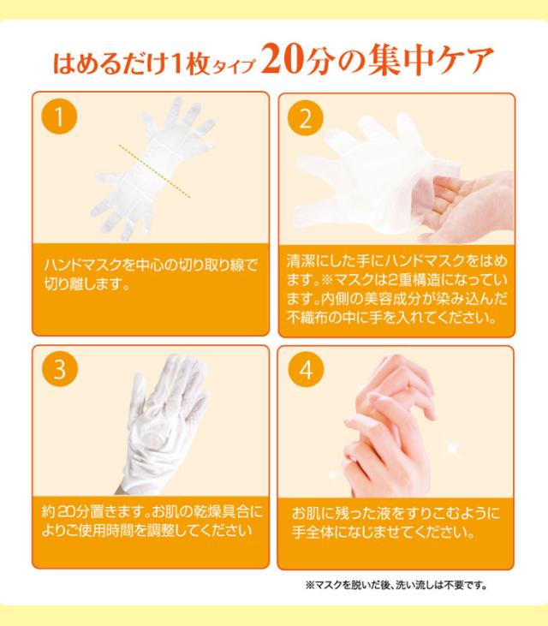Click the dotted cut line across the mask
[155, 171]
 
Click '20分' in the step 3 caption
[71, 511]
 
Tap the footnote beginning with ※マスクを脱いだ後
[396, 586]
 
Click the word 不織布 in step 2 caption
[307, 318]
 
